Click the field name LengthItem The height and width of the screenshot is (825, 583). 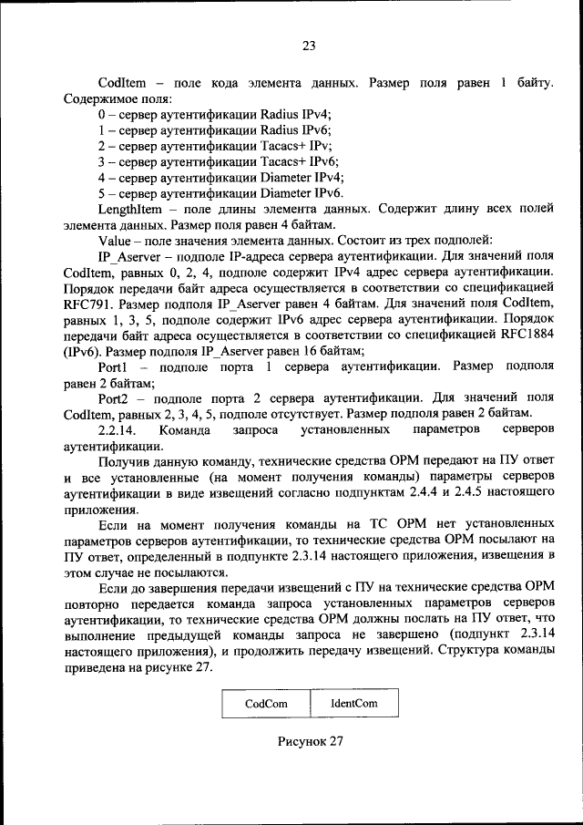tap(130, 209)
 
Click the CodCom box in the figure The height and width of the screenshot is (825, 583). tap(265, 704)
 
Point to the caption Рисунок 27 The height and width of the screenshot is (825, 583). tap(310, 741)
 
